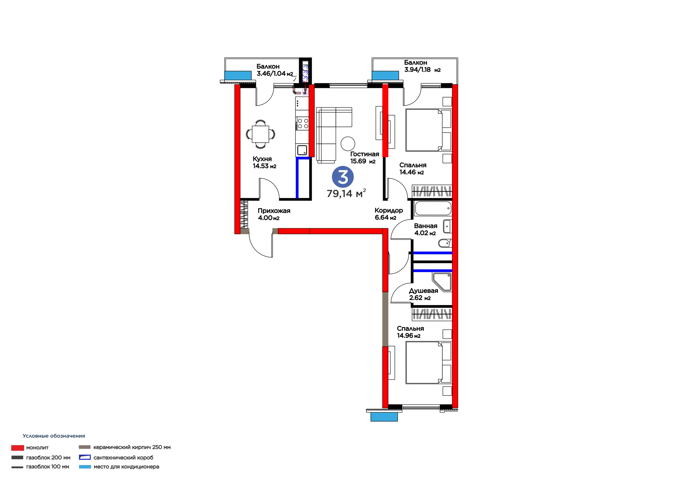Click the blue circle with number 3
(342, 177)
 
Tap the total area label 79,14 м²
(346, 193)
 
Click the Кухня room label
(262, 159)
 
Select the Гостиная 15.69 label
(364, 158)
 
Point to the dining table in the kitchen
(260, 134)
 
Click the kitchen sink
(302, 150)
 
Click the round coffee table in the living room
(347, 144)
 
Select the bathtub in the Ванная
(433, 208)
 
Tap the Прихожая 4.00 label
(274, 214)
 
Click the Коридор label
(389, 210)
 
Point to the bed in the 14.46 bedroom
(428, 130)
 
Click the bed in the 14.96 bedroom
(428, 363)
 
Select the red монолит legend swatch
(17, 448)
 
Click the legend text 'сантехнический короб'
(123, 458)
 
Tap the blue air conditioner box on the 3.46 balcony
(238, 75)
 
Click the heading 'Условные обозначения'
(54, 436)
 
